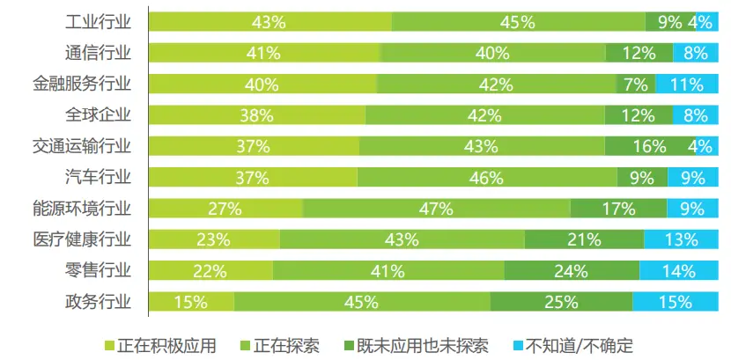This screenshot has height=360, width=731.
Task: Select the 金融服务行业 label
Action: (x=83, y=84)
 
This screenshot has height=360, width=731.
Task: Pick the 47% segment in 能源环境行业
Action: (x=436, y=209)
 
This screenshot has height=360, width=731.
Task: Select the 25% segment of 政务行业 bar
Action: (x=561, y=302)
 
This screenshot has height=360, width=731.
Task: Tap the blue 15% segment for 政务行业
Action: (x=676, y=302)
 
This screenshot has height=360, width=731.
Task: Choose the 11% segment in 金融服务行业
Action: (x=684, y=84)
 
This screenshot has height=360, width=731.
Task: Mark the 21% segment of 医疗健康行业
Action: (x=584, y=239)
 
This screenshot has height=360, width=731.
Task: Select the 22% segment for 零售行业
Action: (x=210, y=270)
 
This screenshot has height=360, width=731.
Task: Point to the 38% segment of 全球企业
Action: (x=257, y=115)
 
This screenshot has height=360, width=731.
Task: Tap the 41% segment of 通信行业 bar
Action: (x=264, y=53)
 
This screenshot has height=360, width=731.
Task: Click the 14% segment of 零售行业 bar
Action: (x=678, y=270)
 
